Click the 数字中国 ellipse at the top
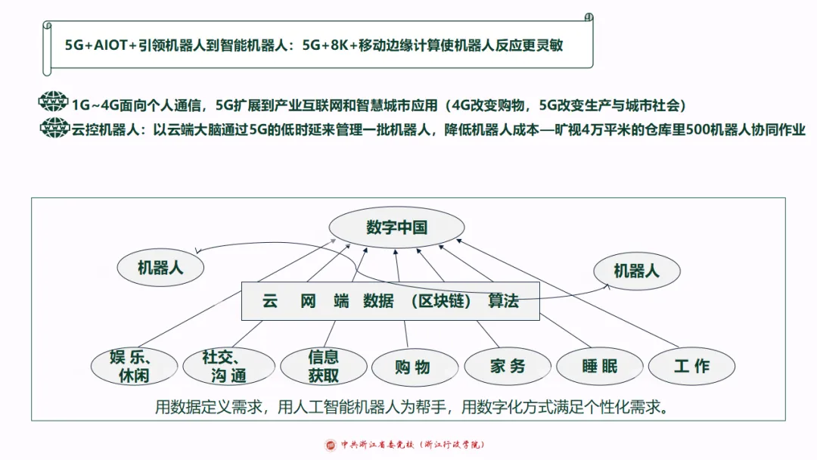coord(397,227)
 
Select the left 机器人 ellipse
coord(160,267)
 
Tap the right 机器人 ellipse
coord(636,270)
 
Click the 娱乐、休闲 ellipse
coord(134,365)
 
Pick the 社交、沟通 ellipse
coord(224,365)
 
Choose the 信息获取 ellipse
coord(323,365)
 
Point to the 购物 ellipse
coord(412,367)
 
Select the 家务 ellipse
coord(507,366)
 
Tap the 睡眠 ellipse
coord(599,366)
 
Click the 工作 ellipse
coord(691,366)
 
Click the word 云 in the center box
coord(270,301)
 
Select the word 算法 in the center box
coord(503,301)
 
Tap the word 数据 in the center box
coord(378,301)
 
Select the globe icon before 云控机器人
coord(53,128)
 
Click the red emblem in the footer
coord(331,445)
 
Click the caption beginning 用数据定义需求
coord(412,408)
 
